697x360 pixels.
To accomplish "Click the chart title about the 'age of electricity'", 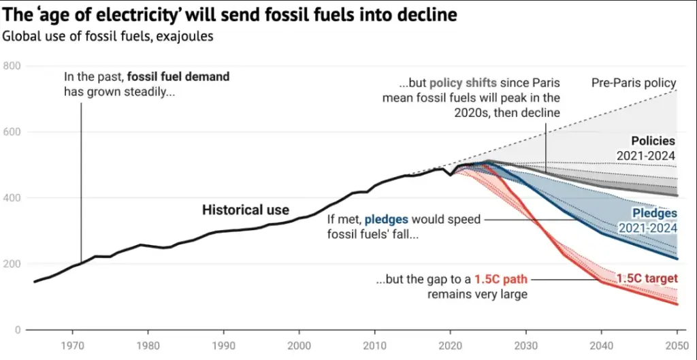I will (x=229, y=13).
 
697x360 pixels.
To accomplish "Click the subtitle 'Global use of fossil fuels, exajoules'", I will (x=108, y=36).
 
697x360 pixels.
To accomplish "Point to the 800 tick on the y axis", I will (x=12, y=66).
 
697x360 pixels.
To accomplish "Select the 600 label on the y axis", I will (x=12, y=132).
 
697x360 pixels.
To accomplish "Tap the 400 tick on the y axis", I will (x=12, y=198).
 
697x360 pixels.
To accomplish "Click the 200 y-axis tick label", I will (x=12, y=264).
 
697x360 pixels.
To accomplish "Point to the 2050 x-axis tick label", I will (x=675, y=344).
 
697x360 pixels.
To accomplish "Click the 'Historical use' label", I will (x=245, y=210).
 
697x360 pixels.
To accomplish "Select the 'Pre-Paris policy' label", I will (x=634, y=84).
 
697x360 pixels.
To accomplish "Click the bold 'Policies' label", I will (x=653, y=141).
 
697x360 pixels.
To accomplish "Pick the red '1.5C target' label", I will (x=646, y=278).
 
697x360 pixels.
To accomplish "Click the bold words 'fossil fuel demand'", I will (x=178, y=77).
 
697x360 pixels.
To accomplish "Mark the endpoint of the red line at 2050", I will (x=677, y=304).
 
